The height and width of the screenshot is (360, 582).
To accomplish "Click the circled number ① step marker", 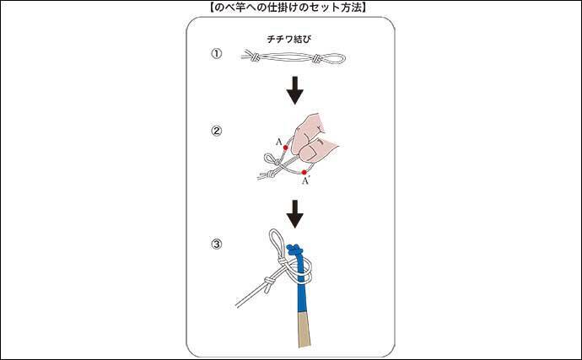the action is (x=217, y=54).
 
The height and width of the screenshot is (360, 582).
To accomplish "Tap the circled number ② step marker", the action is (x=217, y=131).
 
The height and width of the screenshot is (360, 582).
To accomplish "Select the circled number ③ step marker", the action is (x=217, y=244).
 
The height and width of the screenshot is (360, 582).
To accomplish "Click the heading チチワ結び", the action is (x=289, y=39).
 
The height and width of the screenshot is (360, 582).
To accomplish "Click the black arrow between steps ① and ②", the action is (x=295, y=90).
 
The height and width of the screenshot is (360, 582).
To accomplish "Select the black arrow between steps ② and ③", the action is (x=295, y=214).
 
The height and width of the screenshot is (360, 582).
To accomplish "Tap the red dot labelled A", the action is (x=285, y=148).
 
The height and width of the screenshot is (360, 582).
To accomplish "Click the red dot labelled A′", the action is (x=304, y=172).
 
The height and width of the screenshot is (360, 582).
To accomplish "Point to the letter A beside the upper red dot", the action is (x=278, y=142).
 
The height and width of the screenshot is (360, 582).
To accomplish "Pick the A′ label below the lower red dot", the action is (x=305, y=181).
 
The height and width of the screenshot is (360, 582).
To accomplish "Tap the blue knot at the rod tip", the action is (x=294, y=250).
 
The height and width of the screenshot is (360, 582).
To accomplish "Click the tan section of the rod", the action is (x=304, y=330).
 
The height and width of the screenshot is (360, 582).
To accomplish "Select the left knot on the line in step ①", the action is (x=254, y=57).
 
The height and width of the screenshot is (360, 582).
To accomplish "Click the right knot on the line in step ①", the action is (x=317, y=58).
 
